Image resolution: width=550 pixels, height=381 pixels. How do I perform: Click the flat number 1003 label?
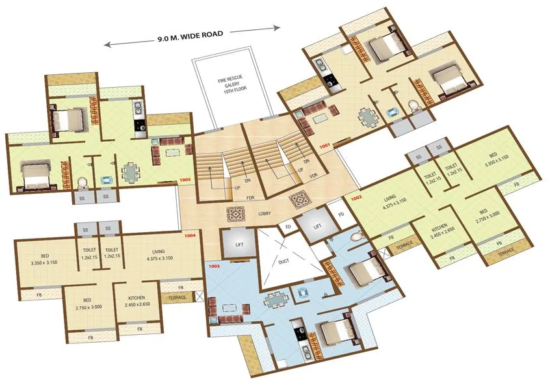click(215, 267)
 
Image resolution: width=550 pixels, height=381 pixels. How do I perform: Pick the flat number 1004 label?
click(190, 235)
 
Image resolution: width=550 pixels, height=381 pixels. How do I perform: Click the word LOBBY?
click(264, 213)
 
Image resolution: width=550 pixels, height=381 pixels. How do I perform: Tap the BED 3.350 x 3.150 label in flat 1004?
click(45, 260)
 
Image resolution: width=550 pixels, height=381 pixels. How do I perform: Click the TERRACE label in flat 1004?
click(177, 298)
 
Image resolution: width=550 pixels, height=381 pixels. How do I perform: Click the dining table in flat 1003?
click(276, 300)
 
